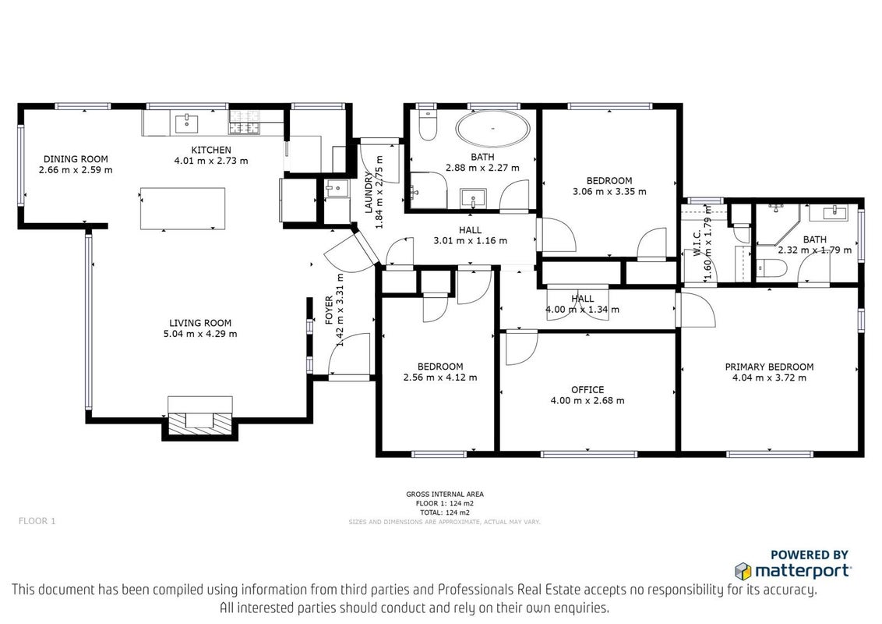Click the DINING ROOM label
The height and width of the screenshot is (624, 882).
[76, 159]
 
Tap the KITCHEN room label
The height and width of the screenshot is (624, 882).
[211, 150]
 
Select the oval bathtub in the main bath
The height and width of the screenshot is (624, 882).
[492, 129]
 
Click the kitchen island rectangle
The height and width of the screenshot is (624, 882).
[183, 208]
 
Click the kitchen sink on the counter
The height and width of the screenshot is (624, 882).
[185, 123]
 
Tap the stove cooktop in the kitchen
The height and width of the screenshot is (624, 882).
[245, 122]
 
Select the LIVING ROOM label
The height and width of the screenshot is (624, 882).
[200, 323]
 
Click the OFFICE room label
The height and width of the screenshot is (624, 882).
[587, 390]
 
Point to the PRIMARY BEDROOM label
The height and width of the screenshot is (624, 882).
[769, 367]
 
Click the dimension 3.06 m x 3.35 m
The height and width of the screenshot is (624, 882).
[609, 191]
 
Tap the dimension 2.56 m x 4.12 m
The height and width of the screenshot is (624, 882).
[440, 378]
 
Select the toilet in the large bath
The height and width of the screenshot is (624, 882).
[428, 125]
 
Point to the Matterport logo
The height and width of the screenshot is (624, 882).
[793, 570]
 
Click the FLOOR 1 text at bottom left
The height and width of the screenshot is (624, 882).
[37, 521]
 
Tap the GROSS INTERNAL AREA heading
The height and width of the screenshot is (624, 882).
[445, 495]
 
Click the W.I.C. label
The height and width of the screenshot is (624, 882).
[697, 243]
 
